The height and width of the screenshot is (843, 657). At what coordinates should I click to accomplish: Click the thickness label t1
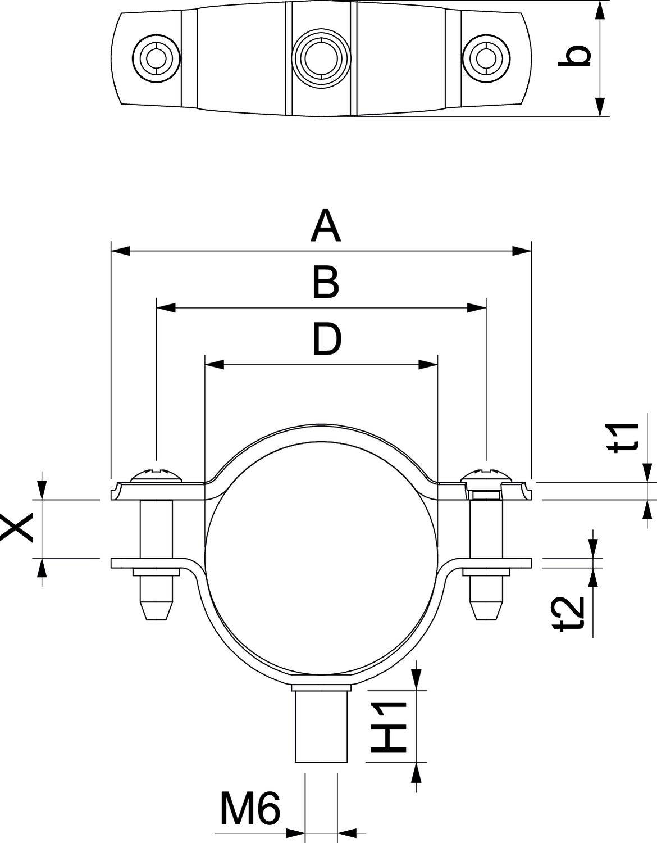click(627, 437)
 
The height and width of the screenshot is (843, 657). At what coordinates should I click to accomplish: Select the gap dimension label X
click(17, 529)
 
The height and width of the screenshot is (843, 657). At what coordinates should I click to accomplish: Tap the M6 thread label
click(249, 809)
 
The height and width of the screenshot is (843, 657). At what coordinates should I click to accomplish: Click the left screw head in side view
click(157, 476)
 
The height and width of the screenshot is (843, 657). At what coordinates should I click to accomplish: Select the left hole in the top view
click(156, 57)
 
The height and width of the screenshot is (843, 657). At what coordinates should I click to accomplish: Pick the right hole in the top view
click(486, 57)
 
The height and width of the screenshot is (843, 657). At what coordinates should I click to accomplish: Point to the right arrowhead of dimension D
click(428, 365)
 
